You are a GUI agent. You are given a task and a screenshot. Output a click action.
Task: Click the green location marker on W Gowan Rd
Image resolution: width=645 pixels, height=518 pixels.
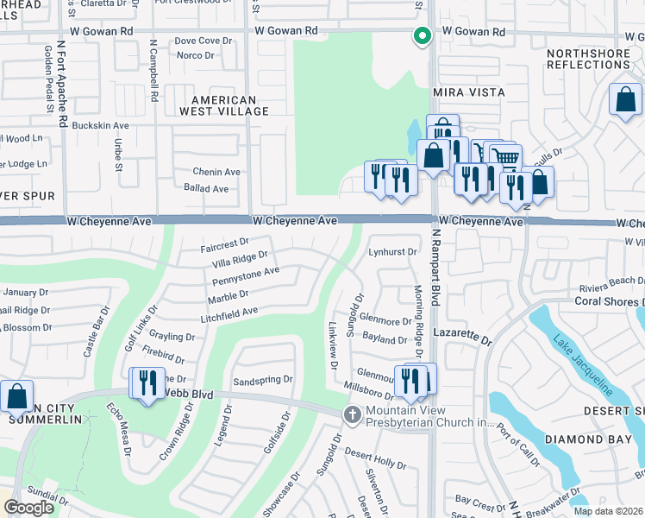point(422,36)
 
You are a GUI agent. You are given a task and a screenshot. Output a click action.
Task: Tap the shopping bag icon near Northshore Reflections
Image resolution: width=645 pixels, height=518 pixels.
point(624,99)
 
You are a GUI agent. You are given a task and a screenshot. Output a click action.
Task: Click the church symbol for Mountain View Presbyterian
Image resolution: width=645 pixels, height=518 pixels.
point(351,415)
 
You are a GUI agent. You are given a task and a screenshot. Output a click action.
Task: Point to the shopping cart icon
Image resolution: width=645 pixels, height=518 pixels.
point(505,158)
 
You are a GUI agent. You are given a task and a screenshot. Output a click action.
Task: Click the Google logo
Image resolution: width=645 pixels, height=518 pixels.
point(28,508)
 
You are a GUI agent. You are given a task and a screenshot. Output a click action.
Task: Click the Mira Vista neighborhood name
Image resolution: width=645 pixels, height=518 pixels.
point(472,92)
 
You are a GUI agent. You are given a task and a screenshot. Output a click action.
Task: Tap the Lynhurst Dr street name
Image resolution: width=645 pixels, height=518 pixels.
point(392,252)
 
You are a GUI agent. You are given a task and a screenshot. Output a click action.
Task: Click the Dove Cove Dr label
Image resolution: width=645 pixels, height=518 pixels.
point(204,41)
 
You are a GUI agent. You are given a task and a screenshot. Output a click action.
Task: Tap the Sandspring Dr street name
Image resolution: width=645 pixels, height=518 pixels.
point(263,380)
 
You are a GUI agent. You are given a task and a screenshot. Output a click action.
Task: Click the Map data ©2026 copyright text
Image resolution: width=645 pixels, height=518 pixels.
point(607,510)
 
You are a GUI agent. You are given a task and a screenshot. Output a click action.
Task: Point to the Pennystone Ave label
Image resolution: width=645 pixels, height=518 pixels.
point(246,276)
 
